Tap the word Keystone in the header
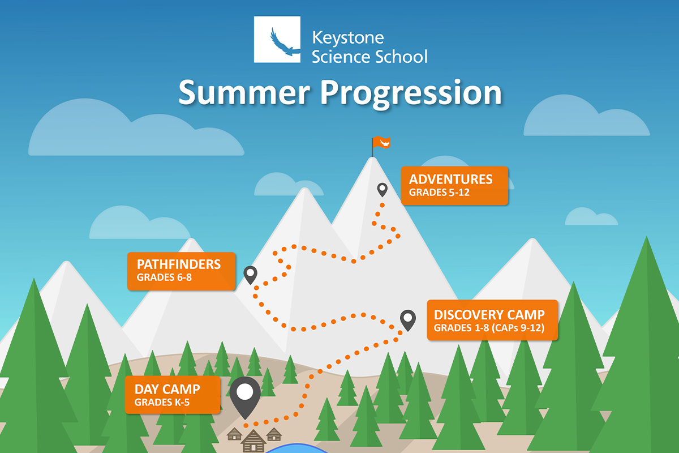[x=348, y=39]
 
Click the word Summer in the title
[x=244, y=92]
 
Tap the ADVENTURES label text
[x=451, y=180]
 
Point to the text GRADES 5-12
[x=439, y=193]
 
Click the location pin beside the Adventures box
[x=383, y=190]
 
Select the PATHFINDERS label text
[x=179, y=264]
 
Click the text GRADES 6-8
[x=164, y=277]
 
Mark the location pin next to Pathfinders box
[x=250, y=275]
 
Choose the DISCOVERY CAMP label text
[x=489, y=315]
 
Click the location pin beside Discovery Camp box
[x=408, y=320]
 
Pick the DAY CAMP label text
[x=167, y=389]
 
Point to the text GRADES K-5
[x=162, y=403]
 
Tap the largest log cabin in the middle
[x=253, y=441]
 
